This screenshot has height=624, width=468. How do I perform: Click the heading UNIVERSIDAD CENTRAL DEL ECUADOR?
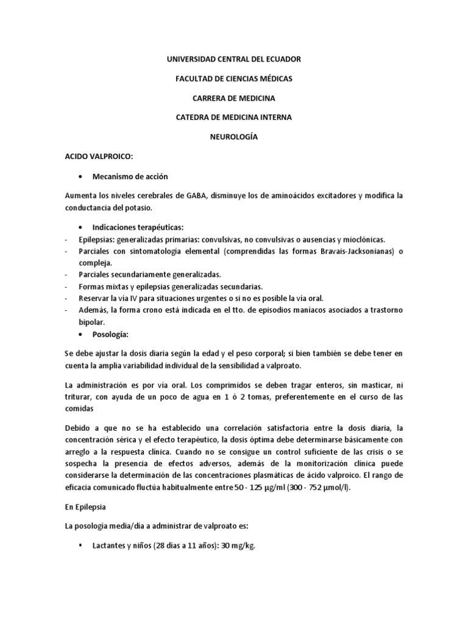click(x=233, y=59)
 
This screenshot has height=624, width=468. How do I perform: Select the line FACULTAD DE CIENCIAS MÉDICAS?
click(x=233, y=79)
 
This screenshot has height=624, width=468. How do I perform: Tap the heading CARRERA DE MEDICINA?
click(x=233, y=98)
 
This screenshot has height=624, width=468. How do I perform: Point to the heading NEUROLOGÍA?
click(x=233, y=137)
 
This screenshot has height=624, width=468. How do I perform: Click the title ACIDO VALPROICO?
click(x=98, y=157)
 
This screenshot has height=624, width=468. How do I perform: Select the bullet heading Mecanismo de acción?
click(x=130, y=176)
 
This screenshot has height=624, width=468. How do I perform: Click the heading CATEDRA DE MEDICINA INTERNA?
click(x=233, y=118)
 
